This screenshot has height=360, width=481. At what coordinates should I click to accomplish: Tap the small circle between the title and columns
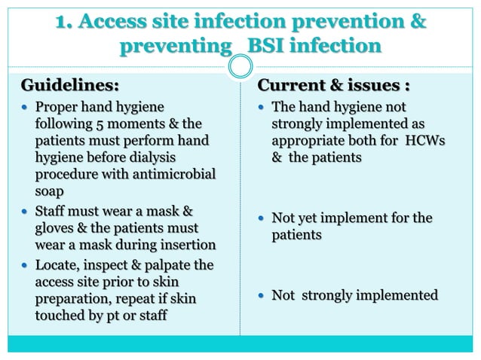pyautogui.click(x=240, y=67)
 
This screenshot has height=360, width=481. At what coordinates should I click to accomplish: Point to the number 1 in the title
pyautogui.click(x=62, y=23)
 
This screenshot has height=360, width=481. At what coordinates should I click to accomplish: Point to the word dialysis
pyautogui.click(x=148, y=157)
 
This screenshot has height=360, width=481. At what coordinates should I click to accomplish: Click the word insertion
pyautogui.click(x=185, y=243)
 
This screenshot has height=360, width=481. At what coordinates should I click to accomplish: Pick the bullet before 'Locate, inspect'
pyautogui.click(x=25, y=266)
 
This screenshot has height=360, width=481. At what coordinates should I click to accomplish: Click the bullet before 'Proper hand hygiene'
pyautogui.click(x=25, y=107)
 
